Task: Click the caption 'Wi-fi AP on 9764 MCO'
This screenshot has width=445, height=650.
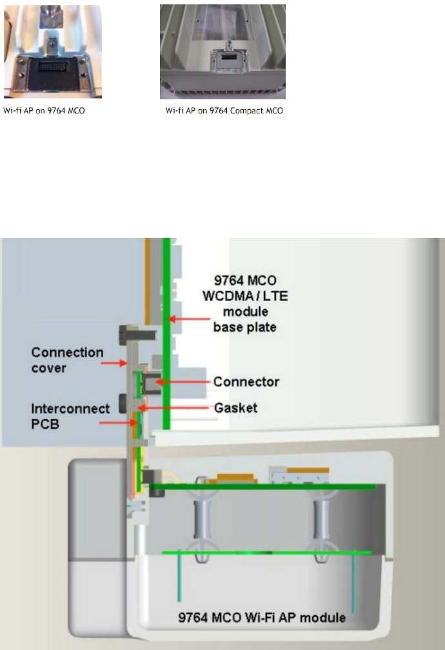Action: click(44, 111)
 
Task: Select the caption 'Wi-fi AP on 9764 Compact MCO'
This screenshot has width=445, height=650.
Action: click(224, 111)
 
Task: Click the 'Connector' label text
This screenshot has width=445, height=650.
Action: click(246, 382)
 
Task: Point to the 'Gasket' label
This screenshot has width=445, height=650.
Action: click(235, 408)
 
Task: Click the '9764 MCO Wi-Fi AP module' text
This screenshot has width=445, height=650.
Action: click(261, 617)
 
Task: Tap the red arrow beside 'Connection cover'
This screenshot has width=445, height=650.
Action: click(115, 364)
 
